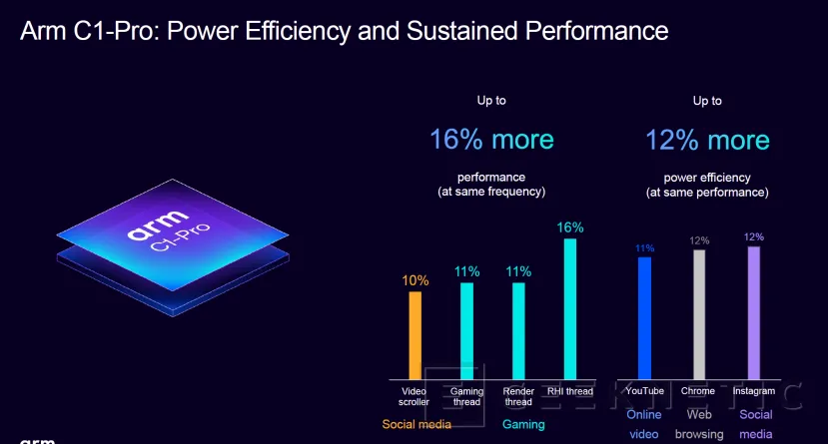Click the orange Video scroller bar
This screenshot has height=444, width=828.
[x=414, y=334]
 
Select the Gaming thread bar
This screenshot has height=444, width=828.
[x=466, y=330]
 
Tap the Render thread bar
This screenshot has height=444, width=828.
[x=518, y=330]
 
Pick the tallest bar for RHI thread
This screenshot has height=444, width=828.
[x=570, y=308]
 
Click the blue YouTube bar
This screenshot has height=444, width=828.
[x=644, y=317]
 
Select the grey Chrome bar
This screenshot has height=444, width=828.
[x=699, y=313]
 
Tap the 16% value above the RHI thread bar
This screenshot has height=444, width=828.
[x=570, y=227]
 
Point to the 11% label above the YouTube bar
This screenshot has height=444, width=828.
[x=644, y=247]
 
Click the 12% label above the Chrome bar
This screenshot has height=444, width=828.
[x=699, y=240]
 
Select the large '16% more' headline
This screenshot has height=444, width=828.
[x=491, y=139]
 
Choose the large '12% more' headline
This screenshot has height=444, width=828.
[x=707, y=139]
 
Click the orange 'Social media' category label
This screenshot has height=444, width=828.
[x=416, y=424]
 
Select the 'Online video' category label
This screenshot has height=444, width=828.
[x=643, y=424]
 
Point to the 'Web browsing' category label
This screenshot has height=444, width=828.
[x=698, y=424]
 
